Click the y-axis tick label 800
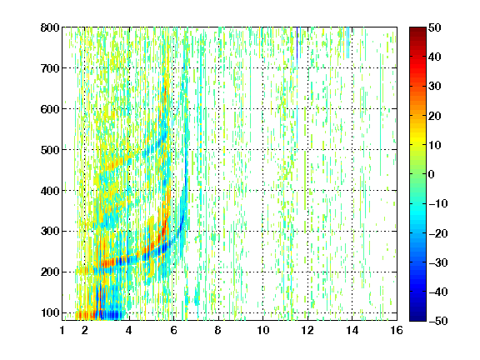(x=50, y=27)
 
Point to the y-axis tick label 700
(x=50, y=68)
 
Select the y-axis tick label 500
(x=50, y=150)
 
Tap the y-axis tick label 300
(x=50, y=232)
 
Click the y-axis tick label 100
(x=50, y=312)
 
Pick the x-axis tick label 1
(x=62, y=330)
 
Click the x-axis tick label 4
(x=129, y=330)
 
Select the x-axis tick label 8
(x=217, y=330)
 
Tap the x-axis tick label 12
(x=307, y=330)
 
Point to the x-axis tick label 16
(x=397, y=330)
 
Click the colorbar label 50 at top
(x=435, y=27)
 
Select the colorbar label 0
(x=432, y=174)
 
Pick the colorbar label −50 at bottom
(x=438, y=321)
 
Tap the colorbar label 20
(x=435, y=116)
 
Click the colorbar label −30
(x=438, y=262)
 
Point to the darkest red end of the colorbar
(x=417, y=29)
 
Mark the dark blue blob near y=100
(x=112, y=315)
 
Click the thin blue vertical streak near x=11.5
(x=297, y=42)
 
